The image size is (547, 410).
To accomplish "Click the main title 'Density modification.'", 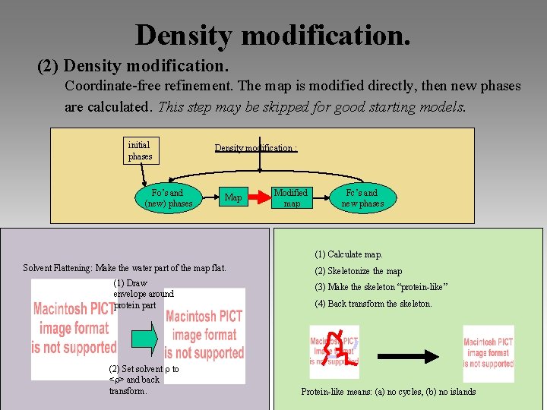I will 273,33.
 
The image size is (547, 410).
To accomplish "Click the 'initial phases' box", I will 141,150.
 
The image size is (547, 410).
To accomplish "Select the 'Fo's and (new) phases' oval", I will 168,198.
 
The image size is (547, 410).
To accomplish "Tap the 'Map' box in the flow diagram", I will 233,198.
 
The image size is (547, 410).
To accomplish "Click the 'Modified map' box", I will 291,198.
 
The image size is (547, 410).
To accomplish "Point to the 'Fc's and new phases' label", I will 362,198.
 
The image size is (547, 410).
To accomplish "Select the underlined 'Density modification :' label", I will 255,148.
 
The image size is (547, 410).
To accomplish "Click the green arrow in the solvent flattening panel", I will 144,335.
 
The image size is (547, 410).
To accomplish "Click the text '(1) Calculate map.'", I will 349,254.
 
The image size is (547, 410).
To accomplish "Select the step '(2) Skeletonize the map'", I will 359,271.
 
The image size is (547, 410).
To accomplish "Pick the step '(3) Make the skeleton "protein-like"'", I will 381,287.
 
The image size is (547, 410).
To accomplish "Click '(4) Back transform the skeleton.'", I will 373,304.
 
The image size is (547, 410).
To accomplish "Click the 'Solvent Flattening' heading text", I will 125,268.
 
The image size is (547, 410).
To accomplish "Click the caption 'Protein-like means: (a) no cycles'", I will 388,392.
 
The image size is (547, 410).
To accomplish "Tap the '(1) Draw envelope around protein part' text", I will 143,294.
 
